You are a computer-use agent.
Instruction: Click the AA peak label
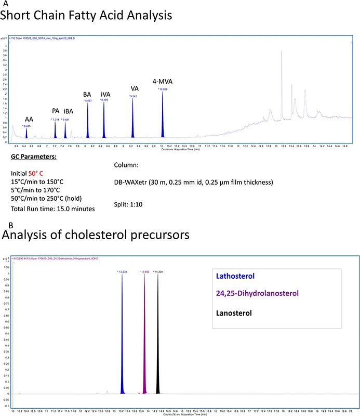[29, 119]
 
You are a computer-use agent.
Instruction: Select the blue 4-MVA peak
[163, 120]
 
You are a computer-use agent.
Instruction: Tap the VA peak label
[135, 89]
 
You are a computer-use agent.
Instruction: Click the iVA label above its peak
[105, 94]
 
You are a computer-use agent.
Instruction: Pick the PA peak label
[56, 111]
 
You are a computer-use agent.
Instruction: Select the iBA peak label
[68, 111]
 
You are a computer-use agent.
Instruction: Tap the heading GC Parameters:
[33, 157]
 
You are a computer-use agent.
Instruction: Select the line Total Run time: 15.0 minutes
[53, 209]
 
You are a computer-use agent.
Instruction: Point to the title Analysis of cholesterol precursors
[95, 235]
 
